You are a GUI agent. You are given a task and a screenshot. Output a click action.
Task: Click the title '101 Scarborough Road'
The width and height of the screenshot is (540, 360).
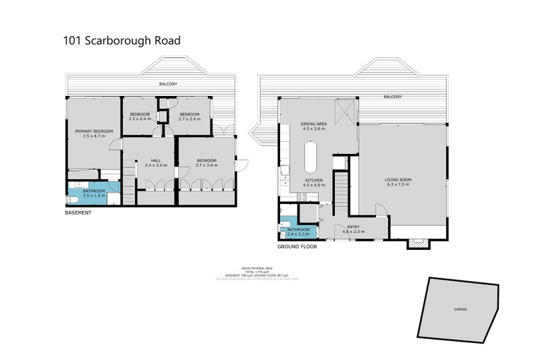tap(122, 41)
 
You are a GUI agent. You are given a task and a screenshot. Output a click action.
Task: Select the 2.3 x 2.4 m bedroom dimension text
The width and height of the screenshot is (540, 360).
tap(140, 119)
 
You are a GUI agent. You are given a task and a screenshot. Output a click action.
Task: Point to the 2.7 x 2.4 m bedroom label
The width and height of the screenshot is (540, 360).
tap(189, 119)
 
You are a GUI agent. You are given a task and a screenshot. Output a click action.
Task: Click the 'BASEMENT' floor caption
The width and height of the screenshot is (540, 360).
tap(78, 213)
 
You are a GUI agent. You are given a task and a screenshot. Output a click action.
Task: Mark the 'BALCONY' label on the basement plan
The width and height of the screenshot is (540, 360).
tap(168, 84)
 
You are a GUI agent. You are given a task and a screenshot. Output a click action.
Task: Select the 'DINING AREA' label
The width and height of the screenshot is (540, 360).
tap(313, 124)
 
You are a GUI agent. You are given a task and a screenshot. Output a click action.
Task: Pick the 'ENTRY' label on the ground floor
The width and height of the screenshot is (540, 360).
tap(353, 227)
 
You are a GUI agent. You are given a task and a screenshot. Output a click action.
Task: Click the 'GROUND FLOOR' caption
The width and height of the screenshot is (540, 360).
tap(297, 247)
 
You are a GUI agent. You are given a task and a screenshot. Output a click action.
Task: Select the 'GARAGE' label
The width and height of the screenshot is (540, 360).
tap(460, 309)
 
